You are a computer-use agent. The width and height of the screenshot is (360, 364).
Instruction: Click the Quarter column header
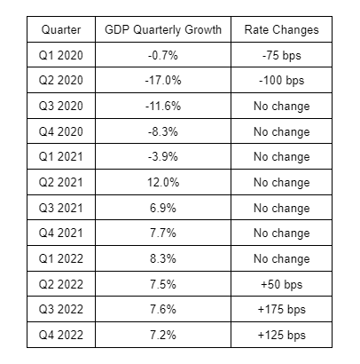click(x=61, y=29)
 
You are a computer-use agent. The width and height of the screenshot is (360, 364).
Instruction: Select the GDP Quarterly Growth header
click(x=163, y=30)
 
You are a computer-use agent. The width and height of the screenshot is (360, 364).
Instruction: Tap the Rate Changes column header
click(x=281, y=30)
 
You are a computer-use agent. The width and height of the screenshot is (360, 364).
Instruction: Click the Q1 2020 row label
click(x=61, y=55)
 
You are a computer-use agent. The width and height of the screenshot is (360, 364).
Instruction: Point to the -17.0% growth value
click(x=163, y=80)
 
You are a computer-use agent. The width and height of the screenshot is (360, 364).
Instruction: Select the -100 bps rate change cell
click(x=281, y=81)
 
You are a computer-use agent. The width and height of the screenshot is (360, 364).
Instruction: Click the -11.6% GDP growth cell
click(x=163, y=106)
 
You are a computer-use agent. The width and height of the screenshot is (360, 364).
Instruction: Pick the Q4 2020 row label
click(x=61, y=131)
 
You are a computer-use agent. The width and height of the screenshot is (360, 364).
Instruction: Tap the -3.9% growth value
click(x=163, y=156)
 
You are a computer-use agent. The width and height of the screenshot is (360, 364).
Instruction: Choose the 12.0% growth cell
click(x=163, y=182)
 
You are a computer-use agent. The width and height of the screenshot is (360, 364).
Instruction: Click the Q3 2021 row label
click(x=61, y=208)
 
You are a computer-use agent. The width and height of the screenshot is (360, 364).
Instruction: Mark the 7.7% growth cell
click(x=163, y=233)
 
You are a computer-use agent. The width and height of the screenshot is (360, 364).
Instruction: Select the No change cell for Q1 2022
click(x=281, y=259)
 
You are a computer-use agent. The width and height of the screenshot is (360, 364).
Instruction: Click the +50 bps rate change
click(x=281, y=284)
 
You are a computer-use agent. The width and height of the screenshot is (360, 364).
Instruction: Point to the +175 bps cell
click(x=281, y=310)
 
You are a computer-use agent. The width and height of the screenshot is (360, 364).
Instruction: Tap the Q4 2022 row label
click(x=61, y=335)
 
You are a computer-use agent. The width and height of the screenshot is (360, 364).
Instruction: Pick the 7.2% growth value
click(x=163, y=335)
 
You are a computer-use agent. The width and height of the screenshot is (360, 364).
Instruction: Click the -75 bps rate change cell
click(x=281, y=56)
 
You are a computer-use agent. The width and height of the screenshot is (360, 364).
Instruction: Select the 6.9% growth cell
click(x=163, y=208)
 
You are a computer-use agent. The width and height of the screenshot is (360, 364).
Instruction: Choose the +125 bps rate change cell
click(x=281, y=336)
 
